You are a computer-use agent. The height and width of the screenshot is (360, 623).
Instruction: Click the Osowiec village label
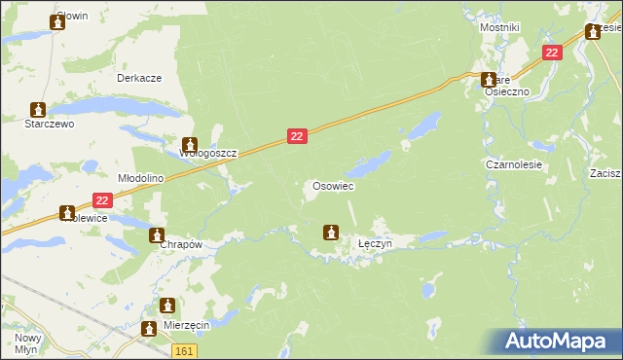(332, 186)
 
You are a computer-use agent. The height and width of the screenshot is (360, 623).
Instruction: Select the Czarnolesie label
(514, 165)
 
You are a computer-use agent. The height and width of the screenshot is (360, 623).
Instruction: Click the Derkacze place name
(138, 78)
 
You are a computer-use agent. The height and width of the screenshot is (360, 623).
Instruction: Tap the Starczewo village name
(38, 125)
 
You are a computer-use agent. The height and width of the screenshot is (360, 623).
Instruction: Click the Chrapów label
(180, 245)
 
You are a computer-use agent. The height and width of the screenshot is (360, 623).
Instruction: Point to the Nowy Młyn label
(26, 343)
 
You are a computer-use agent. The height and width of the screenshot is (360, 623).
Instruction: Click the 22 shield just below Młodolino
(104, 200)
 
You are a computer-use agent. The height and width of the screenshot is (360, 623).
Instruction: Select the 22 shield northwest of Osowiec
(298, 138)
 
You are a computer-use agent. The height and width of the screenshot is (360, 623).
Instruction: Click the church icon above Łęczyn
(331, 233)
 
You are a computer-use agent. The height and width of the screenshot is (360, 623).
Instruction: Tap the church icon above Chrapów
(157, 234)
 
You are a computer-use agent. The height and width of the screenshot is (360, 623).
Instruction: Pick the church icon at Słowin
(57, 21)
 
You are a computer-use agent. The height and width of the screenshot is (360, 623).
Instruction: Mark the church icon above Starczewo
(38, 109)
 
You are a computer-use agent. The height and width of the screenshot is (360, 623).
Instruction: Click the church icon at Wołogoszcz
(190, 143)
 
